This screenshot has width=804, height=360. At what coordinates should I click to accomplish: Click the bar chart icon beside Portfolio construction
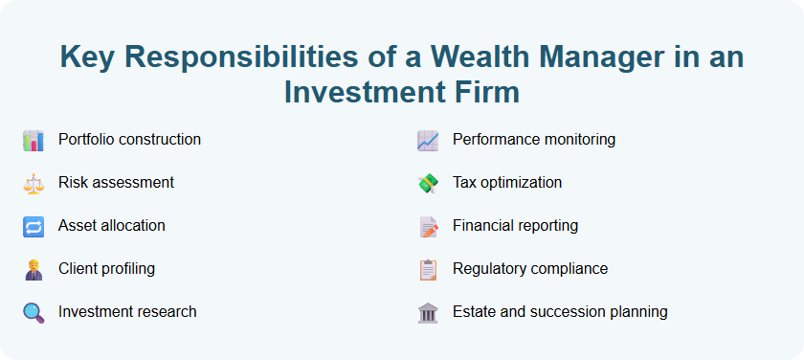click(x=33, y=140)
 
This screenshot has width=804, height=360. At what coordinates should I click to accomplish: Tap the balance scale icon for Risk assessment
click(x=33, y=183)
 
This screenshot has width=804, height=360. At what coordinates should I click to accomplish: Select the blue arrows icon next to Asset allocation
click(x=33, y=226)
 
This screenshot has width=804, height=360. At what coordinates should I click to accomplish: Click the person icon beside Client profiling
click(x=33, y=269)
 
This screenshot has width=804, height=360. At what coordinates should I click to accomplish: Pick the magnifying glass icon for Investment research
click(x=33, y=312)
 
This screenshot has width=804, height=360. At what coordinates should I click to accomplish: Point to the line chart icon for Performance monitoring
click(x=428, y=140)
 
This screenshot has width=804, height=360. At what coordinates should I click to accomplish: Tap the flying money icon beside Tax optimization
click(x=428, y=183)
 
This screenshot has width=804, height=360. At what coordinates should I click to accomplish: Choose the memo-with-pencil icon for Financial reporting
click(x=428, y=226)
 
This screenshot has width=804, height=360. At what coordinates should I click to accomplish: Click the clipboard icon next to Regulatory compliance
click(x=428, y=269)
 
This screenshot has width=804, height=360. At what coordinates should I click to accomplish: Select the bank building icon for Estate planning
click(x=428, y=312)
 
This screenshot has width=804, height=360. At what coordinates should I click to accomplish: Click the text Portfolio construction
click(x=129, y=140)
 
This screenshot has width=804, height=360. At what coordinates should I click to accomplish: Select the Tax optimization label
click(x=507, y=183)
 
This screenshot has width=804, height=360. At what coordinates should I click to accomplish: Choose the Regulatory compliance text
click(x=530, y=269)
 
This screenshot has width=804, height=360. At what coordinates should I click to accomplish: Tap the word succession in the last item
click(x=583, y=312)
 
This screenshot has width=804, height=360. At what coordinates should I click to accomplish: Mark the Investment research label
click(x=127, y=312)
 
